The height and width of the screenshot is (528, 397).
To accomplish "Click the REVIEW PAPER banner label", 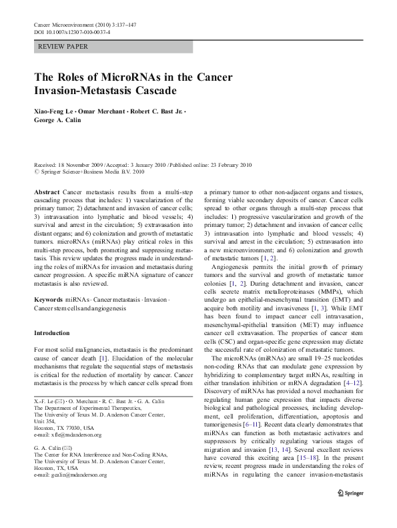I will (63, 47).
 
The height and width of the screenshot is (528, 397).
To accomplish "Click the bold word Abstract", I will (47, 192).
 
